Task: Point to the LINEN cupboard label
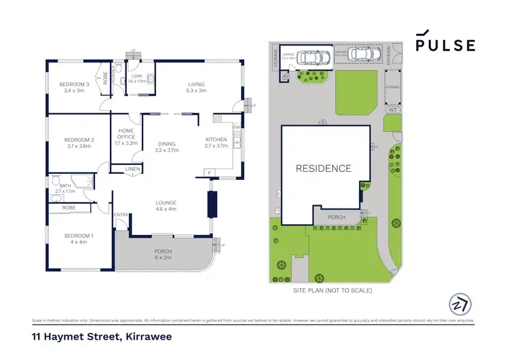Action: point(132,168)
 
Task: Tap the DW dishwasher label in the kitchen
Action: point(236,127)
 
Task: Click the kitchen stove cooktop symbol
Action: point(218,119)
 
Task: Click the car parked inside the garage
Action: point(308,58)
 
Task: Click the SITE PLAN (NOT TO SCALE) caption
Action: point(333,290)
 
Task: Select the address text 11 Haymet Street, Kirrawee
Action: point(93,336)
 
